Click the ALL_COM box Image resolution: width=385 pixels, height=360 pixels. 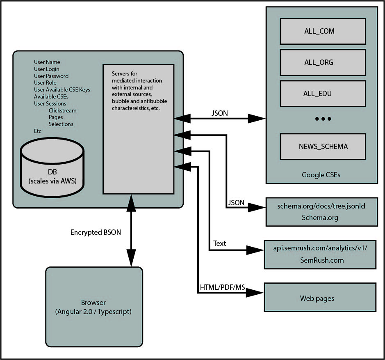(x=322, y=31)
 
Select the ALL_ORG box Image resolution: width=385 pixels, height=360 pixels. (x=322, y=62)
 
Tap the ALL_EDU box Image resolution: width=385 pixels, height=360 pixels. (x=322, y=94)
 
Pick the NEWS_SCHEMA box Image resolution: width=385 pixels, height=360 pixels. (x=322, y=146)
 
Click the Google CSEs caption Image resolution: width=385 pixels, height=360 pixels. (x=321, y=175)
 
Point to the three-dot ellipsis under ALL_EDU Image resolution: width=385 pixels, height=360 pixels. (x=323, y=119)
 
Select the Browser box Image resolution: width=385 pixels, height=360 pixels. (x=94, y=307)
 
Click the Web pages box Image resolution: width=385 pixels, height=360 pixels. (x=320, y=298)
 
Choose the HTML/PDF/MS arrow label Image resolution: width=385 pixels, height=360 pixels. (x=223, y=287)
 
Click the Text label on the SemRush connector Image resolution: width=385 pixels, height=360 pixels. (x=220, y=243)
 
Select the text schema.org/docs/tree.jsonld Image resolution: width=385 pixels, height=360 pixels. (x=321, y=206)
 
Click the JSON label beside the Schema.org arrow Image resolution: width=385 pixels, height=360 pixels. (x=236, y=203)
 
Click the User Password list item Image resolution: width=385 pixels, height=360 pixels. (x=51, y=76)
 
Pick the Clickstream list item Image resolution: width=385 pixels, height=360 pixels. (x=62, y=110)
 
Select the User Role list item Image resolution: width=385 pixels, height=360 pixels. (x=45, y=83)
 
